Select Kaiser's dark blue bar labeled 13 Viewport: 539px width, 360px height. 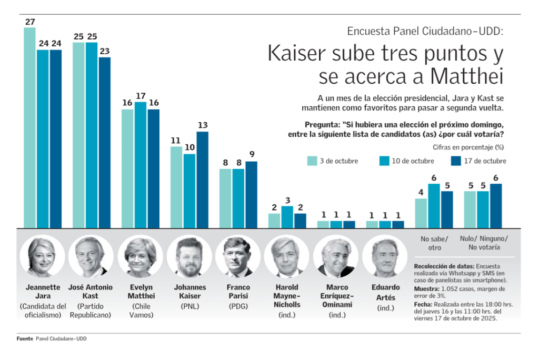coord(203,179)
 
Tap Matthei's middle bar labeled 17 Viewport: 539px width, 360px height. coord(141,165)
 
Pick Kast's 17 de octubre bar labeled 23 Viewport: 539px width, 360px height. coord(105,142)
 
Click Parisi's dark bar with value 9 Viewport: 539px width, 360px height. coord(252,194)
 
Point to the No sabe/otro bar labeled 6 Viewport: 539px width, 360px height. coord(434,206)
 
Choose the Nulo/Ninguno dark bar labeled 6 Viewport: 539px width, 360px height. coord(496,206)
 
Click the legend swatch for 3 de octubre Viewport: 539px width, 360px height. coord(312,161)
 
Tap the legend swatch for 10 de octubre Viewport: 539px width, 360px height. coord(384,161)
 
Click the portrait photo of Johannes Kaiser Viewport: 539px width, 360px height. coord(189,256)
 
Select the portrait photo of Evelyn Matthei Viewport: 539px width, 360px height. coord(141,256)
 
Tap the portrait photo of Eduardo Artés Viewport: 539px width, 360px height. coord(385,256)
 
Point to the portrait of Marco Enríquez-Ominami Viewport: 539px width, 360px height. coord(336,256)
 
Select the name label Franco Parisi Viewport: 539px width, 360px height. coord(238,292)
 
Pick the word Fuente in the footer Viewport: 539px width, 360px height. coord(24,339)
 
